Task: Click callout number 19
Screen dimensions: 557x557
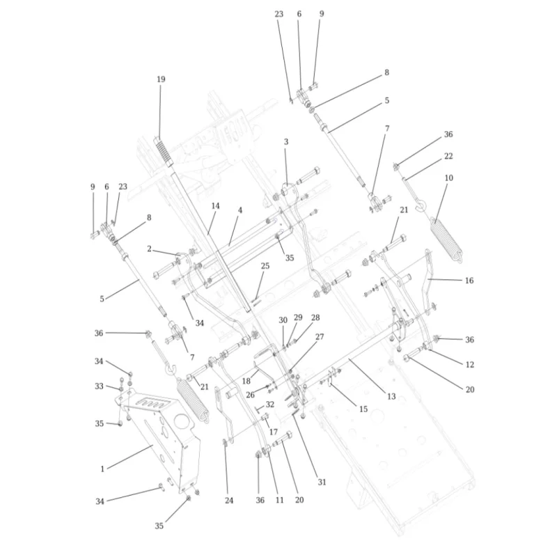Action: (x=161, y=79)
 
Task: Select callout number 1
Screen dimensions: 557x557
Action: (x=102, y=469)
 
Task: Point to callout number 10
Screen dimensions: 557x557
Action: (x=449, y=178)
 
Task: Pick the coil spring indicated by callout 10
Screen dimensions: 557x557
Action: (x=446, y=240)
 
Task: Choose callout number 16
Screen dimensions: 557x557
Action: (x=469, y=281)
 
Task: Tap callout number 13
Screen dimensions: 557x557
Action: (x=391, y=396)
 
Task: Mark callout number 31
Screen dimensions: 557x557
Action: (x=322, y=482)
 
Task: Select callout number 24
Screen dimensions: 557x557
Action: (x=229, y=500)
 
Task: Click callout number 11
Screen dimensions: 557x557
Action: (x=280, y=500)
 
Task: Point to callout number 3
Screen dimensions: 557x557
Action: (x=286, y=142)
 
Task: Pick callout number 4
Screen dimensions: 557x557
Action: (x=240, y=210)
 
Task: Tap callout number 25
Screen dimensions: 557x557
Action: (x=265, y=266)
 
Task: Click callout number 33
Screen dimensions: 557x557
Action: (x=99, y=386)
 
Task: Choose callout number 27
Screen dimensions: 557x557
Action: (x=320, y=336)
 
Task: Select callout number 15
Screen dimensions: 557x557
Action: (x=363, y=409)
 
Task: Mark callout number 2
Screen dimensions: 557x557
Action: (x=149, y=249)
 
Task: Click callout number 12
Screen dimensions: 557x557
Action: (x=469, y=364)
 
